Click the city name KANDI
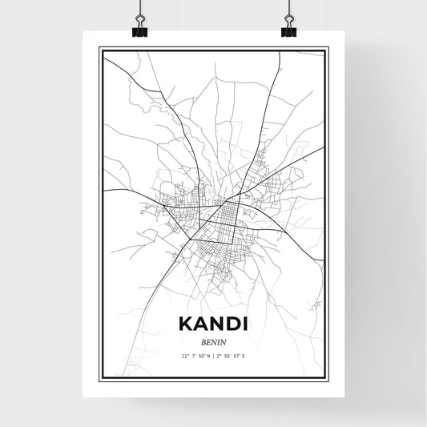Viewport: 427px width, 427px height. click(213, 325)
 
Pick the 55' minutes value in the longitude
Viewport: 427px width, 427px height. click(229, 354)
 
